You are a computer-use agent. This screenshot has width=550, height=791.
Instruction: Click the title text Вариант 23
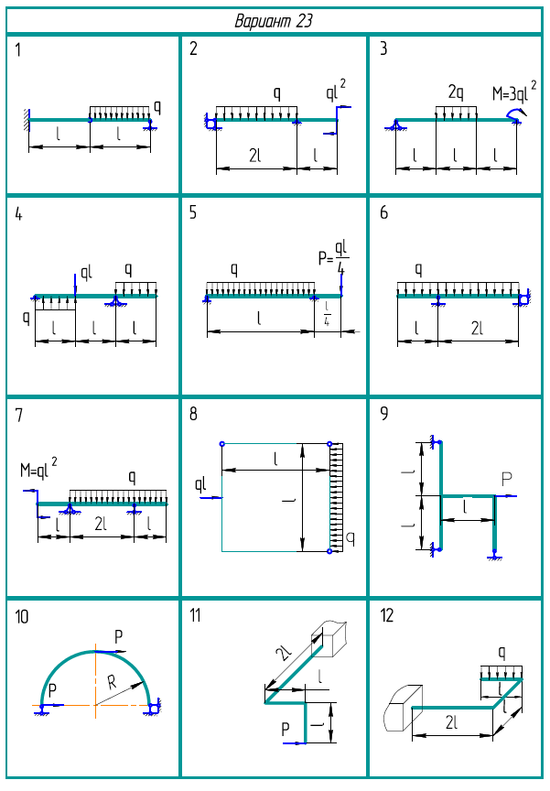(274, 21)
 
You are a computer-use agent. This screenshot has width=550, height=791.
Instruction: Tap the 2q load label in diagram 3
(456, 92)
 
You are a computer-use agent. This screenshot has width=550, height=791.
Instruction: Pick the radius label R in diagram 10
(112, 682)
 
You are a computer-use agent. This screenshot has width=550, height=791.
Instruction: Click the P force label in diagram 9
(506, 479)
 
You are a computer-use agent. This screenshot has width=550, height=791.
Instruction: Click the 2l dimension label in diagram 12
(452, 723)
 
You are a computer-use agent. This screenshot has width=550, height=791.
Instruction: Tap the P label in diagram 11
(285, 729)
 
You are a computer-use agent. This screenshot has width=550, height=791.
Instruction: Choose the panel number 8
(193, 413)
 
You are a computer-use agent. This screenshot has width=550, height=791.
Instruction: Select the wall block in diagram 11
(330, 638)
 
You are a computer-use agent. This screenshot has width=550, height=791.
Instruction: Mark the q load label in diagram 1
(157, 106)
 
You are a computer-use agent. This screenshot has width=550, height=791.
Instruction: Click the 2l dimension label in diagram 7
(100, 524)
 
